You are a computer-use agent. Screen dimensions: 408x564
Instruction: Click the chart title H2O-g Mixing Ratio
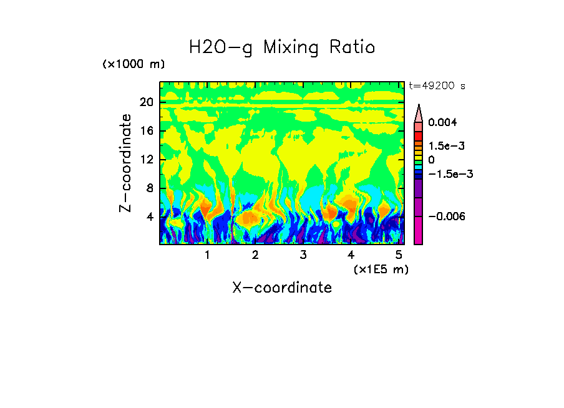[282, 47]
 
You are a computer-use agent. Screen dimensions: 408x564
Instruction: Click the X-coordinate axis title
[282, 288]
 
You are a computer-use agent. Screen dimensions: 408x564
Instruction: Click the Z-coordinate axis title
[126, 163]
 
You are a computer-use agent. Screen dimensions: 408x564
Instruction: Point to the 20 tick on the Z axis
[146, 102]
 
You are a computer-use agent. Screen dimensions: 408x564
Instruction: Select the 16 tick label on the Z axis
[146, 131]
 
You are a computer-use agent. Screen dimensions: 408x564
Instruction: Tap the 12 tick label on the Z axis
[146, 160]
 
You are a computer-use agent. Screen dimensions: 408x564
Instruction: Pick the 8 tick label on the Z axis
[149, 188]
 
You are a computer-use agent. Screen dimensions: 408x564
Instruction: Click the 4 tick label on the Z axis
[149, 217]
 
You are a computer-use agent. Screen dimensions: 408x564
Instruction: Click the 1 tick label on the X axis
[207, 255]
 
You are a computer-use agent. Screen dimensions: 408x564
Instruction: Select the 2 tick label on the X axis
[255, 255]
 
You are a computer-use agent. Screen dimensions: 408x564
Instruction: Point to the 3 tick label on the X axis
[303, 255]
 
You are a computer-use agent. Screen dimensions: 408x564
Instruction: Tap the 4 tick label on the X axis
[351, 255]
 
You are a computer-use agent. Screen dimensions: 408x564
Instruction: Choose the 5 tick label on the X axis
[399, 255]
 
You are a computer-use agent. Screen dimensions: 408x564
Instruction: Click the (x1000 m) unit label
[134, 65]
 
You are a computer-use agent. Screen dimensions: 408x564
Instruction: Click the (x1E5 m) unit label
[381, 270]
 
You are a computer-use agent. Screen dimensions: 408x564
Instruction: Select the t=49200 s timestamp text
[437, 86]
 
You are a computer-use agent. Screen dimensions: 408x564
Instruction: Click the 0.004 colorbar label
[442, 122]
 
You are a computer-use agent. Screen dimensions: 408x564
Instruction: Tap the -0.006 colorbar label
[446, 216]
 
